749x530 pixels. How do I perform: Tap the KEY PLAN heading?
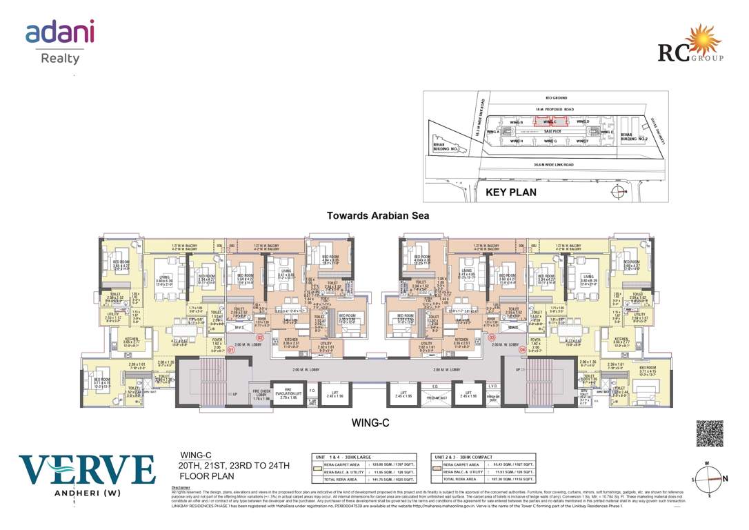(511, 193)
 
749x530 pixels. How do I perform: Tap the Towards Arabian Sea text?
(378, 215)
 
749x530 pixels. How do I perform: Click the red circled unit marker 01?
(232, 350)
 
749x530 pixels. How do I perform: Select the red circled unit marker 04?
(522, 350)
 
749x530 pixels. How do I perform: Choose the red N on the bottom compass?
(724, 478)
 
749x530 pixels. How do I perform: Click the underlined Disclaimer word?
(180, 488)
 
